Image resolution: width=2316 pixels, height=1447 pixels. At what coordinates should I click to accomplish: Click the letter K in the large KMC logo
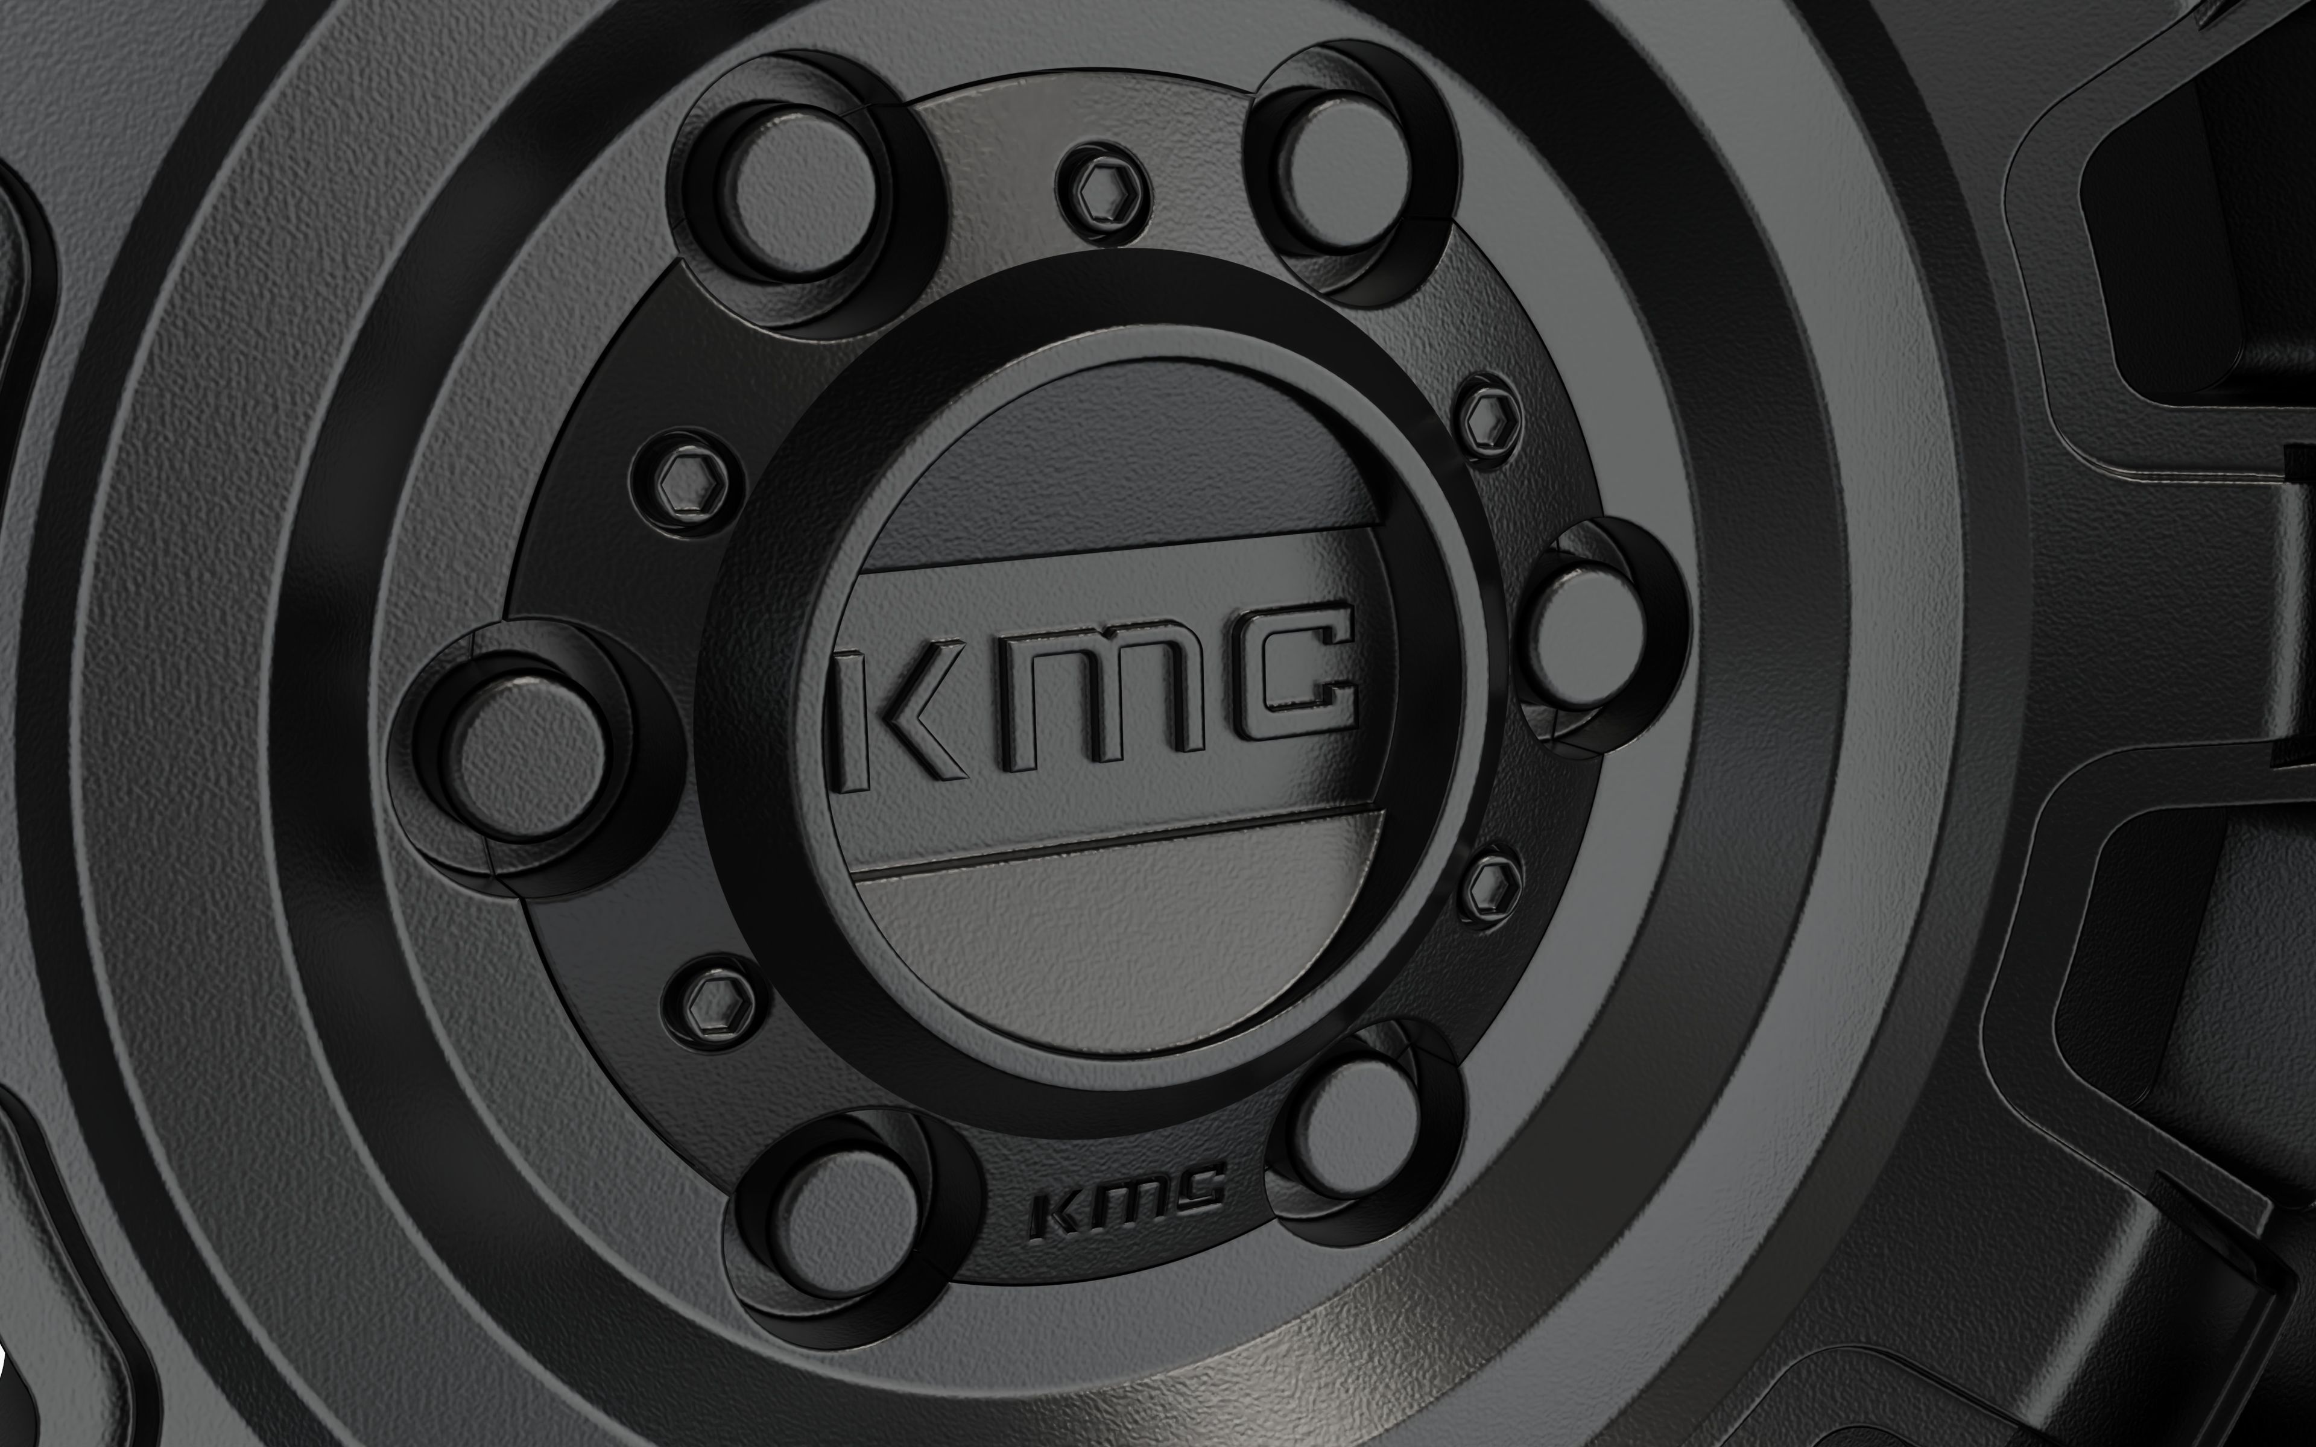point(895,717)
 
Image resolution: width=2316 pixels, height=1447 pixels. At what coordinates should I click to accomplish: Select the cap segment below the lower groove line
point(1120,947)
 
